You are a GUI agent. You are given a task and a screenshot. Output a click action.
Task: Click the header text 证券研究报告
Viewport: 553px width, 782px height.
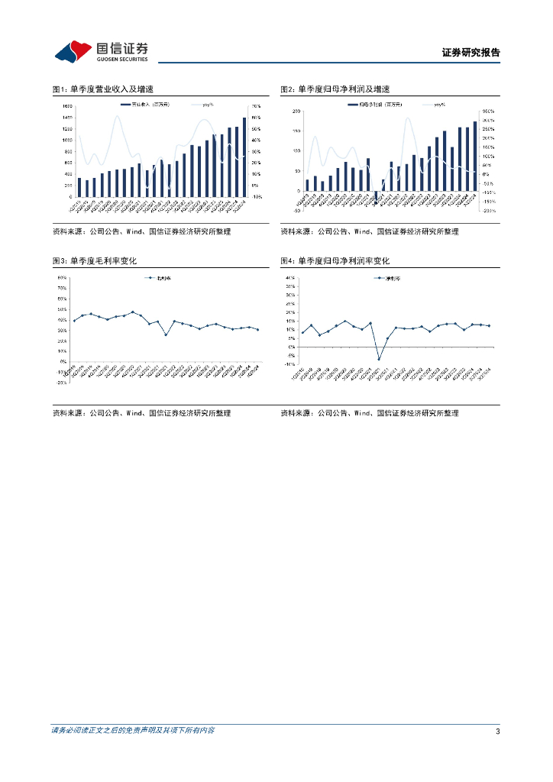[x=471, y=53]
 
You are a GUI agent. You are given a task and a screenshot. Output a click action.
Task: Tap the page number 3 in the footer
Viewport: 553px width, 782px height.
[x=497, y=732]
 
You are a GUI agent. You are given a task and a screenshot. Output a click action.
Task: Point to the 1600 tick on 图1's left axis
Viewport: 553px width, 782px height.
[x=67, y=105]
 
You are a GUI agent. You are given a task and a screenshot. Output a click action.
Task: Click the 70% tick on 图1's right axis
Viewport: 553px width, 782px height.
[x=256, y=105]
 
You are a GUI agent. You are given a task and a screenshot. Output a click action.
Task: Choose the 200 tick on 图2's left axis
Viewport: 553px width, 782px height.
[x=296, y=111]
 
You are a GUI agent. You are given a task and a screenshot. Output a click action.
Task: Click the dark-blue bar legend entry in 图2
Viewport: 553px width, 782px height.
[x=375, y=104]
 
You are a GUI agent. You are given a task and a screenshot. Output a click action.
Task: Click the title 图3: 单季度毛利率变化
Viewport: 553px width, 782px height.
[x=95, y=261]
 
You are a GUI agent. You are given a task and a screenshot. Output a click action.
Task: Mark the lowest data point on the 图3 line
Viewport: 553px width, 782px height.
[x=166, y=334]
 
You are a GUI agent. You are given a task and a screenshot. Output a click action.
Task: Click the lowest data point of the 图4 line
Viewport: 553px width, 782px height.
[x=378, y=359]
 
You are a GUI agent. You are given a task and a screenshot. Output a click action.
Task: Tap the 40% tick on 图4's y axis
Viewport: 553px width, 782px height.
[x=291, y=278]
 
